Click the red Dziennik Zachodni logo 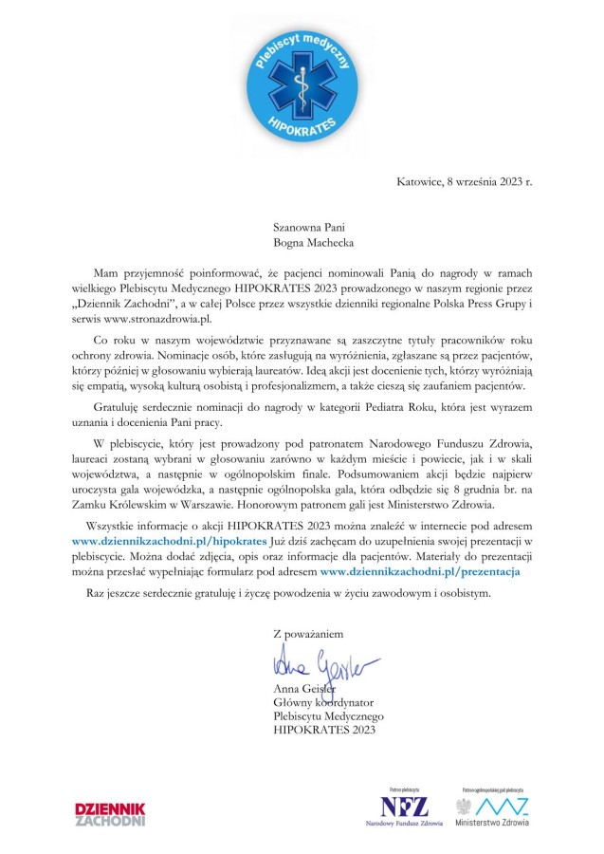(x=110, y=813)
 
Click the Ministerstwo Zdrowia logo (x=492, y=809)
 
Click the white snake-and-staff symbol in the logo (x=301, y=81)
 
